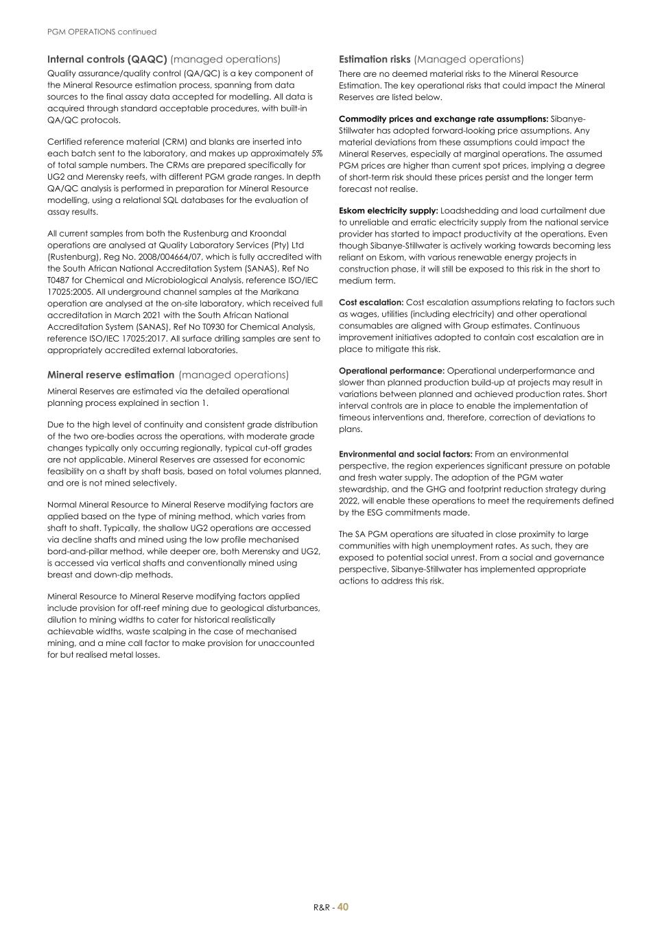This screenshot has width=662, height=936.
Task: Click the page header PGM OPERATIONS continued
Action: pos(102,32)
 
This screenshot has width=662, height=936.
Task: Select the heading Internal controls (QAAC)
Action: pos(107,60)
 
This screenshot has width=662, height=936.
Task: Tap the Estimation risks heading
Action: pos(375,60)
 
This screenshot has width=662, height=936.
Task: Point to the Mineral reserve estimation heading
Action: pos(110,375)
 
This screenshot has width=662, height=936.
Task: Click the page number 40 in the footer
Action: pos(343,907)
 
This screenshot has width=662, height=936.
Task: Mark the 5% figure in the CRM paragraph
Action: pos(316,154)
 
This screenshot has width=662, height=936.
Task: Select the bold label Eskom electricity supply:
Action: pos(388,211)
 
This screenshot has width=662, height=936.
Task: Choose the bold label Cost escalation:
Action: pos(370,302)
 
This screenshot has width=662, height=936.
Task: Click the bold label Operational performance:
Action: pos(391,371)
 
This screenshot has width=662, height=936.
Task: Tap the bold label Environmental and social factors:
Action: pos(405,454)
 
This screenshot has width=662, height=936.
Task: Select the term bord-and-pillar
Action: pos(77,551)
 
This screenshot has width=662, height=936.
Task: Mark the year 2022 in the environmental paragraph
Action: pos(350,501)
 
